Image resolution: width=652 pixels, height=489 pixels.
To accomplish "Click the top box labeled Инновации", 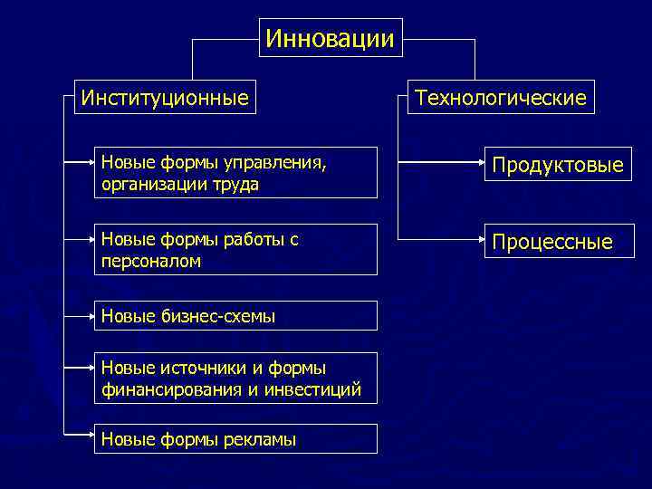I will click(x=331, y=38).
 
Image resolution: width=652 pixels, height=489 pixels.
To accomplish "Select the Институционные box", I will click(x=164, y=97).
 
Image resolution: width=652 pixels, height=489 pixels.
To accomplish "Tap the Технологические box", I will click(x=500, y=97).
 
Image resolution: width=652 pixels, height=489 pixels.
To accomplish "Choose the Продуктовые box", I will click(x=557, y=165).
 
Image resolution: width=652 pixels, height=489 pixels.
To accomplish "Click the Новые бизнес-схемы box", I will click(x=237, y=316).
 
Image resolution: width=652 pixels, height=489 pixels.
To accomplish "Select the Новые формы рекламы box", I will click(x=237, y=439).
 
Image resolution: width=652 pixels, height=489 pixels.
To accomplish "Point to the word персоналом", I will click(x=151, y=260).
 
